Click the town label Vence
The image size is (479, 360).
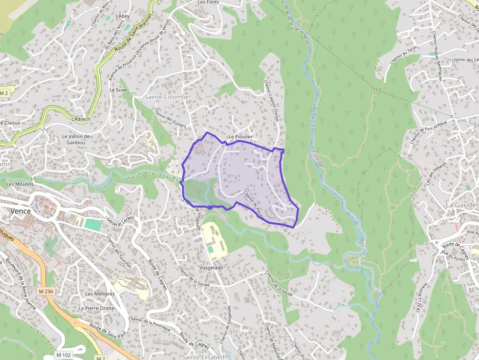[x=20, y=211]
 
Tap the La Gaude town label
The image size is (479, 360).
[x=460, y=205]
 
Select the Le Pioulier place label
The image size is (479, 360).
[x=240, y=137]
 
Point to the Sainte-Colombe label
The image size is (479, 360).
[x=167, y=97]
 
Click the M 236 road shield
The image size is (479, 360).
[x=45, y=292]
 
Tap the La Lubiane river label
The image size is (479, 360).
[x=103, y=186]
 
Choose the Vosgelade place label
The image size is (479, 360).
[x=211, y=268]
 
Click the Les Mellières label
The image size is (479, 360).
[x=100, y=294]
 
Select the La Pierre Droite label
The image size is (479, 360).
[x=96, y=308]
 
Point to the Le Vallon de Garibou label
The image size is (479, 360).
[x=76, y=139]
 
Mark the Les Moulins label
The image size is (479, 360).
[x=20, y=184]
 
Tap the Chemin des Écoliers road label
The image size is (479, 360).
[x=170, y=118]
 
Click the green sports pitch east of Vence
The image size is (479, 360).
[x=92, y=225]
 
